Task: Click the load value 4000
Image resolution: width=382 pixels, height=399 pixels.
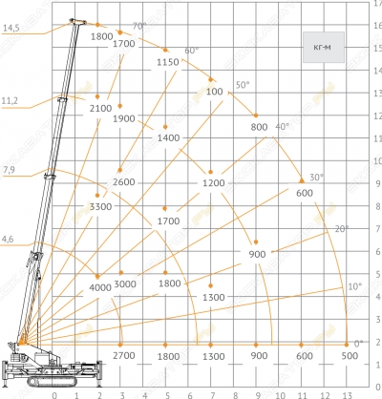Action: coord(100,287)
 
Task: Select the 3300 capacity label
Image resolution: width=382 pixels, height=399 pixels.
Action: coord(100,207)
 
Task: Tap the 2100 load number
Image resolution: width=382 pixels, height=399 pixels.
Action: coord(100,109)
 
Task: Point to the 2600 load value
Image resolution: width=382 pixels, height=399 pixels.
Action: coord(124,182)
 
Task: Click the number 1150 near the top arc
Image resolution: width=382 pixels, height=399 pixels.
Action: coord(168,62)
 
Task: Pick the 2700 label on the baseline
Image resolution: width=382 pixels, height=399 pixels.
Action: coord(124,356)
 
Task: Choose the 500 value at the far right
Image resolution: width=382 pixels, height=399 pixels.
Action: coord(350,356)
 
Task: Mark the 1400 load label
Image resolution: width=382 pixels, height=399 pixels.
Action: coord(168,138)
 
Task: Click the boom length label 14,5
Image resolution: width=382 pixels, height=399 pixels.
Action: coord(11,28)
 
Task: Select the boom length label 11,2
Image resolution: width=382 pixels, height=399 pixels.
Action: coord(10,101)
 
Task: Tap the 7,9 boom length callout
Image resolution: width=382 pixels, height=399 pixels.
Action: coord(9,170)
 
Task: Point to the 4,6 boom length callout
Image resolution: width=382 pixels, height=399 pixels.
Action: coord(8,239)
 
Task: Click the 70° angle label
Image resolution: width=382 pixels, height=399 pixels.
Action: coord(139,26)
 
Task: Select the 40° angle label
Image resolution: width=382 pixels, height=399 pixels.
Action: coord(283,127)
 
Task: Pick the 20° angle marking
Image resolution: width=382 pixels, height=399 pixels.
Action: coord(342,229)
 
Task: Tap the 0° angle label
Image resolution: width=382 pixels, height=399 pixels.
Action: coord(358,344)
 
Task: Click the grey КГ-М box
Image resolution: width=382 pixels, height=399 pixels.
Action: coord(324,47)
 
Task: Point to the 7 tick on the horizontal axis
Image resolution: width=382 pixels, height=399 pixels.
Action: coord(213,395)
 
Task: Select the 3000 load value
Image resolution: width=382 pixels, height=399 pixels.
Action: coord(125,284)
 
